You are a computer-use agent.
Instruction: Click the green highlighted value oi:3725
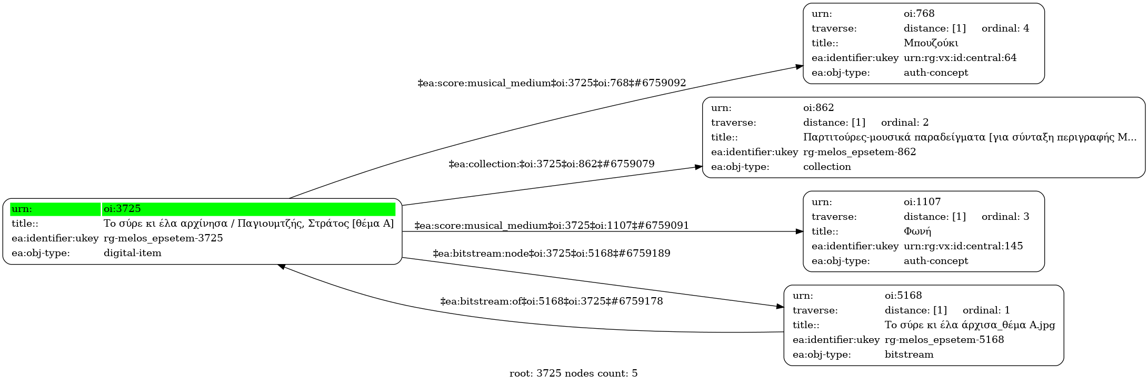tap(122, 209)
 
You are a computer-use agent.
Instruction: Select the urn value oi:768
tap(919, 14)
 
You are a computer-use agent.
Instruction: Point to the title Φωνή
tap(917, 231)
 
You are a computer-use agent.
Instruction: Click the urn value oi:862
tap(818, 108)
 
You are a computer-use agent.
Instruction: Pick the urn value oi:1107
tap(922, 202)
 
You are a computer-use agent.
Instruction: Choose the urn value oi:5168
tap(903, 296)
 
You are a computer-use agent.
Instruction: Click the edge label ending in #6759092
tap(552, 83)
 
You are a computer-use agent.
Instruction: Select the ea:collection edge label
tap(552, 164)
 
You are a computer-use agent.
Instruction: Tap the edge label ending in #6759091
tap(552, 226)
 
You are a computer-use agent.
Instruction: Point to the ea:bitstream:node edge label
tap(552, 254)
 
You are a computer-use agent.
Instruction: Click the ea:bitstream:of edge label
tap(552, 301)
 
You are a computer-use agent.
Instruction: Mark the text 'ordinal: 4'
tap(1005, 28)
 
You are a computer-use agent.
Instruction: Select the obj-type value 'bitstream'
tap(909, 354)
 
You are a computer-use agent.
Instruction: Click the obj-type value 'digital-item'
tap(133, 253)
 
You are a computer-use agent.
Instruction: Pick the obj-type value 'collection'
tap(827, 167)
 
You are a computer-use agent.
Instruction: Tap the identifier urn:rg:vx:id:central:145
tap(963, 246)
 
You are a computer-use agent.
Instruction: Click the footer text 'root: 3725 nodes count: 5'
tap(573, 373)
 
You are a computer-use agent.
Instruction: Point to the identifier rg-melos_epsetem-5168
tap(944, 340)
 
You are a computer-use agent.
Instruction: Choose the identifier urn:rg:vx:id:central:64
tap(960, 58)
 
